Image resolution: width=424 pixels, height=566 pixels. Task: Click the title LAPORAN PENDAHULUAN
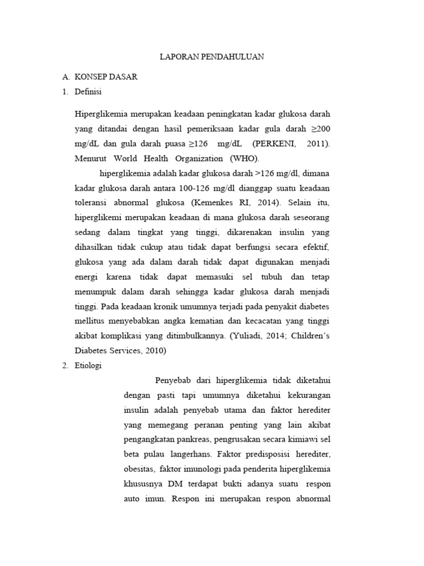pyautogui.click(x=212, y=57)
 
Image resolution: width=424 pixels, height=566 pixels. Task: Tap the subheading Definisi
pyautogui.click(x=88, y=92)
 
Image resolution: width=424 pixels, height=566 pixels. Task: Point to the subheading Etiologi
pyautogui.click(x=88, y=366)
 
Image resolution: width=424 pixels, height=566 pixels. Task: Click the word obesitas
pyautogui.click(x=137, y=468)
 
